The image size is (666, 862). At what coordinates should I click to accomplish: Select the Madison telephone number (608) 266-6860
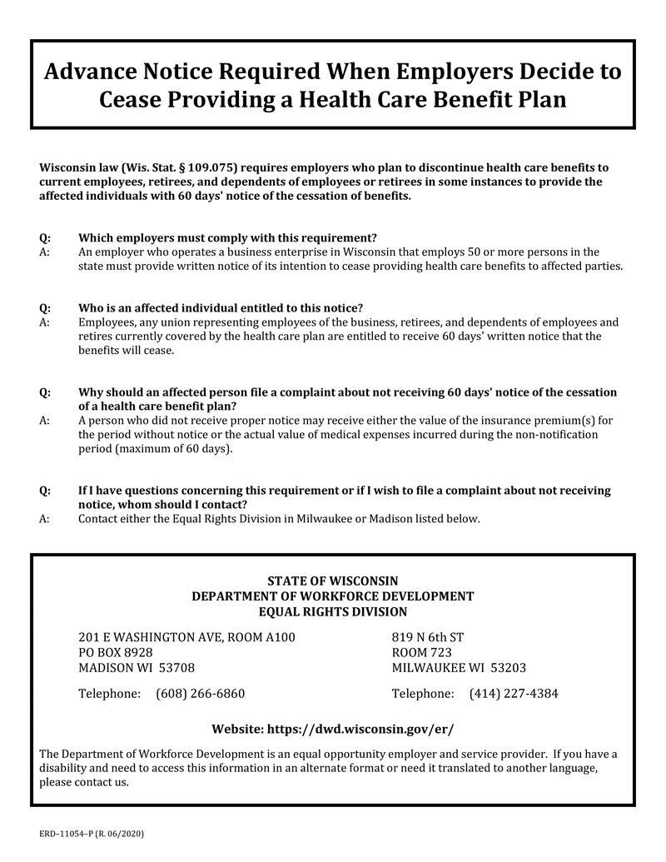pos(200,693)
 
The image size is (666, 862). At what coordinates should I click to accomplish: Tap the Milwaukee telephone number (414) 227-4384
pos(514,693)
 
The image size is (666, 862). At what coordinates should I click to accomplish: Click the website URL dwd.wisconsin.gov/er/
pos(360,729)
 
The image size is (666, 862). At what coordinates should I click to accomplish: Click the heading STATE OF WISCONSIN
pos(332,580)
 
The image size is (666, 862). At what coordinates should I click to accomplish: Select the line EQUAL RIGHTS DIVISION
pos(332,611)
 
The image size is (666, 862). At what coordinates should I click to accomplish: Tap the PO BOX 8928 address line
pos(116,652)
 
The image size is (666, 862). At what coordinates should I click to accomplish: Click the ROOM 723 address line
pos(421,652)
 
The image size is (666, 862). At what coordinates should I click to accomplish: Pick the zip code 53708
pos(177,668)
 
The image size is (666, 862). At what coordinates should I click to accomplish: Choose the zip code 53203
pos(508,668)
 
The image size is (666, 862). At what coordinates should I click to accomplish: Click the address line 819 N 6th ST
pos(427,637)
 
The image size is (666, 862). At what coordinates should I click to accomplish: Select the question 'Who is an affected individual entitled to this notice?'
pos(221,307)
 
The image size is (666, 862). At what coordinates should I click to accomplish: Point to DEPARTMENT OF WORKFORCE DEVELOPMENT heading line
pos(332,596)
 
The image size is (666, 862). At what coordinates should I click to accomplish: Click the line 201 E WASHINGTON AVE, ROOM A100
pos(186,637)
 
